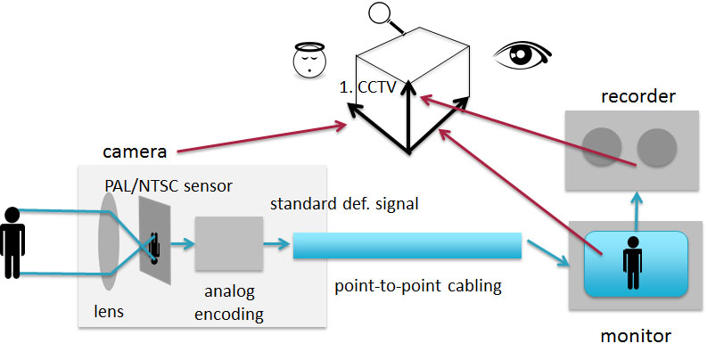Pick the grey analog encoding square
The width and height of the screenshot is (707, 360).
(x=229, y=241)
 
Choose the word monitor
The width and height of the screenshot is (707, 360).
(x=635, y=336)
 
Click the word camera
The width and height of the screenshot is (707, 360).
(x=133, y=147)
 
